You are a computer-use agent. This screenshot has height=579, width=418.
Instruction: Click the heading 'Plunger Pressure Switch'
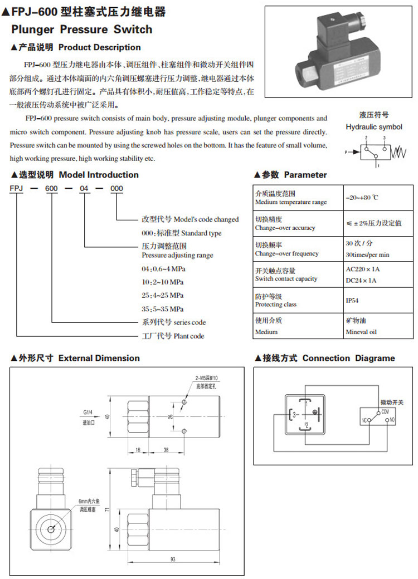point(81,29)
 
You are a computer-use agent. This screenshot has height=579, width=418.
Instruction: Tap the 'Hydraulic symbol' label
point(373,127)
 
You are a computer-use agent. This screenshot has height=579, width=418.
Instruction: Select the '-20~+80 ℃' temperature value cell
point(362,198)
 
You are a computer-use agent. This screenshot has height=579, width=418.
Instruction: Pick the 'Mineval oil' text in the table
point(361,332)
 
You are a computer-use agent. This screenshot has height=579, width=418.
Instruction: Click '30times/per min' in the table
point(368,254)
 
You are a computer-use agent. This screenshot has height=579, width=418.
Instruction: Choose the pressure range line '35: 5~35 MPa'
point(163,308)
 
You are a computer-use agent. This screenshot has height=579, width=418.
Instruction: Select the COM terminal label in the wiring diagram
point(385,411)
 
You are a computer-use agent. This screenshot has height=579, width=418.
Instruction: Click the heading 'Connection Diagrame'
point(348,358)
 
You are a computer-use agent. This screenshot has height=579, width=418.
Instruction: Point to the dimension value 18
point(138,449)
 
